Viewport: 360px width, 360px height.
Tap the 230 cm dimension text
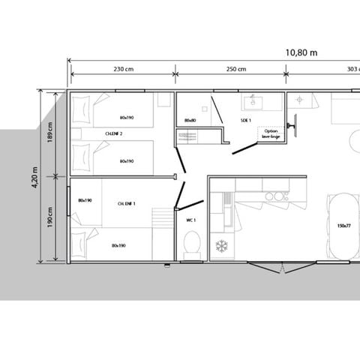tap(124, 70)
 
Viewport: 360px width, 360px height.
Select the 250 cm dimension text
tap(236, 70)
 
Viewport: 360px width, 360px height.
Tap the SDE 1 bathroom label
tap(246, 121)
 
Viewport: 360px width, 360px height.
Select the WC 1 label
tap(190, 220)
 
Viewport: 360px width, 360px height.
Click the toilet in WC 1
tap(191, 244)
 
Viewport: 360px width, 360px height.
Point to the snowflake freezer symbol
tap(221, 245)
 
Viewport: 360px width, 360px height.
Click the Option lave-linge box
tap(270, 133)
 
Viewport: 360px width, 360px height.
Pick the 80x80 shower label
tap(190, 120)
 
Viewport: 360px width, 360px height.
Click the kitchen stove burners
tap(277, 196)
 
